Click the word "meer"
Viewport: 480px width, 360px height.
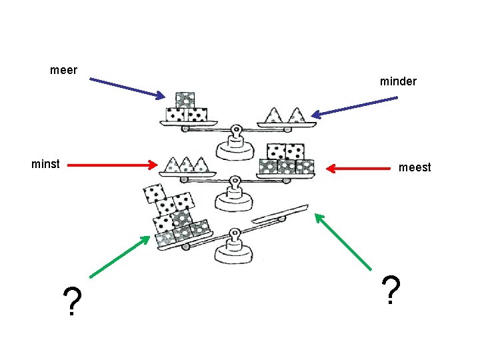64,70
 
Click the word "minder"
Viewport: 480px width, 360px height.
398,81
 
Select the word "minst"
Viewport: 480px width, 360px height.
45,163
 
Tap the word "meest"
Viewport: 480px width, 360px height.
415,167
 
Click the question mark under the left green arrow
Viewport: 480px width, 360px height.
71,302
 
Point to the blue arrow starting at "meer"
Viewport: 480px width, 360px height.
127,88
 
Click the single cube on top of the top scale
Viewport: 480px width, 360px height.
185,99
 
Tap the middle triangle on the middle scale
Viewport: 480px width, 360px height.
185,164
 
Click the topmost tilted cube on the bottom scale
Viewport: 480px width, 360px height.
155,193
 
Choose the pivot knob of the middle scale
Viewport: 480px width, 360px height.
235,180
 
